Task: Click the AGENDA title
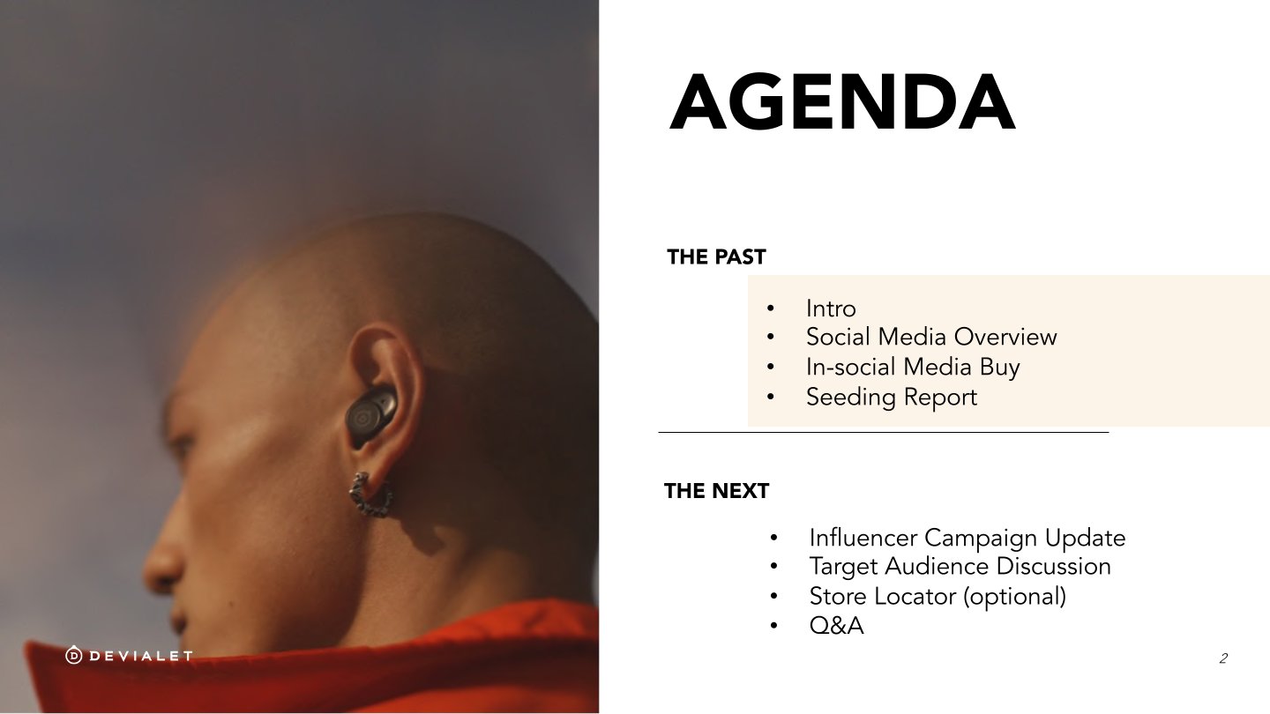click(x=842, y=102)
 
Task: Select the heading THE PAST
click(x=716, y=257)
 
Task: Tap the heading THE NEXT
click(x=716, y=491)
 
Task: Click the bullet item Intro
click(x=831, y=309)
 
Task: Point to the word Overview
click(x=1005, y=337)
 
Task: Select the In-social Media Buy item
click(x=913, y=368)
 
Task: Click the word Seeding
click(x=851, y=398)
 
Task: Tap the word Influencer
click(x=863, y=538)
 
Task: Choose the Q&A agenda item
click(x=836, y=626)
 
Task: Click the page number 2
click(x=1223, y=658)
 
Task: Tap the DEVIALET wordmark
click(x=141, y=656)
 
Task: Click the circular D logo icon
click(x=74, y=656)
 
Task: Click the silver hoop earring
click(x=370, y=495)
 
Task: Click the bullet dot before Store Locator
click(x=774, y=596)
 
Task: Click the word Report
click(x=940, y=398)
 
